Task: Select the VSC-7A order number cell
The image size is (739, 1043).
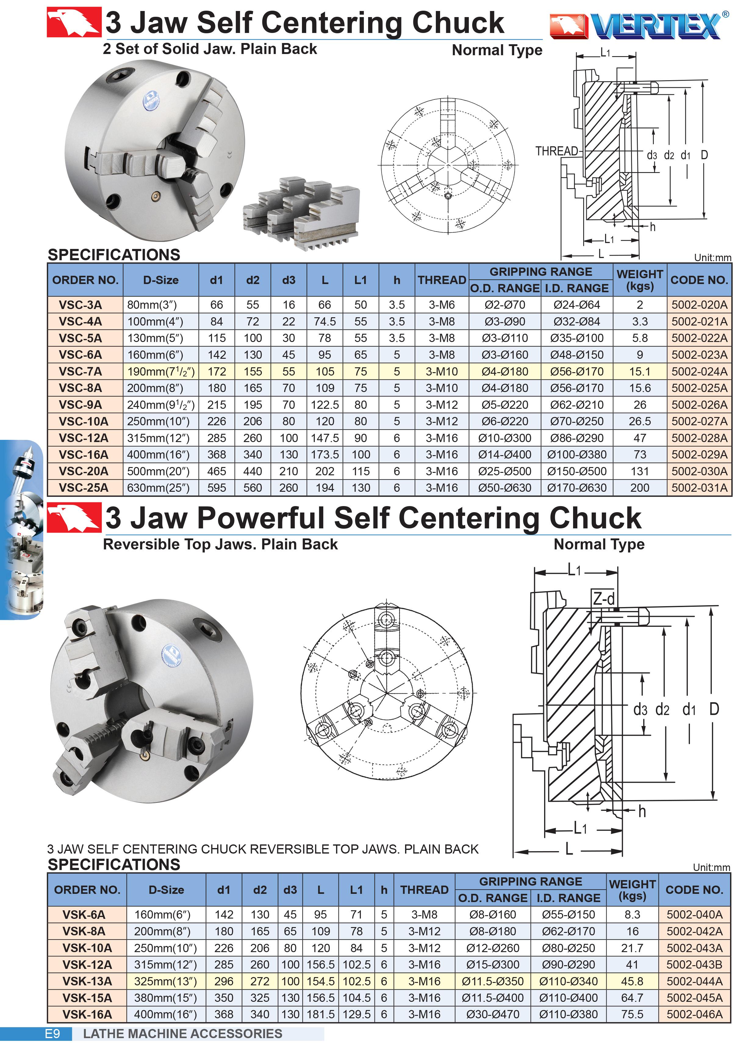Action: [80, 371]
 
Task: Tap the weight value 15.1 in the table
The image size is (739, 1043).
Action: [639, 371]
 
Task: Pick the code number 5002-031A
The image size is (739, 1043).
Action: [699, 488]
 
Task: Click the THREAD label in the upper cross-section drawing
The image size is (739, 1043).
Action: [556, 151]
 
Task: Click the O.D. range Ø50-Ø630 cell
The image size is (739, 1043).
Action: [504, 488]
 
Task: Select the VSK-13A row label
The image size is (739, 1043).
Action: [87, 981]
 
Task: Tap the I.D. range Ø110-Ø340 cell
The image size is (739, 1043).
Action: [569, 981]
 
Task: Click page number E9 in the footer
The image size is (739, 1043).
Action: [52, 1034]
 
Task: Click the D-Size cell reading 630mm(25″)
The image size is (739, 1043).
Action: [158, 488]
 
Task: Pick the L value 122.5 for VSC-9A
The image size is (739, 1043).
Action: [325, 405]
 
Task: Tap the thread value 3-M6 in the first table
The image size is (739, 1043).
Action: [441, 305]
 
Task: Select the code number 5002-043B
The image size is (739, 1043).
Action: [694, 965]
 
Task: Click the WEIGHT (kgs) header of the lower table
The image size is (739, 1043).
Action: [632, 890]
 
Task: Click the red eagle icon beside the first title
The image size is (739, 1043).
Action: [74, 22]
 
